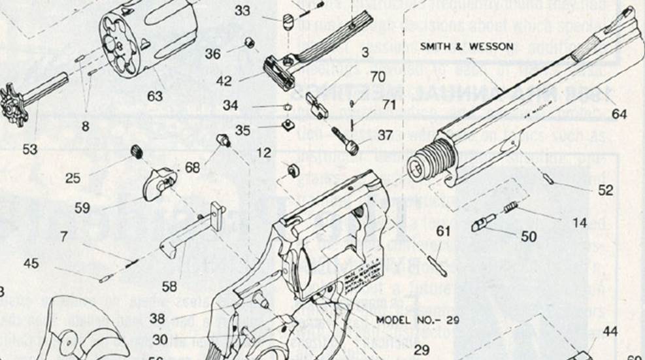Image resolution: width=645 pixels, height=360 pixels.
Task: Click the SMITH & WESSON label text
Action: tap(466, 46)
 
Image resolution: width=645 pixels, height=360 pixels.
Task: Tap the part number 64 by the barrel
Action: tap(620, 114)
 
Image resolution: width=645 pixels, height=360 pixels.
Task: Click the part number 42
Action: tap(225, 82)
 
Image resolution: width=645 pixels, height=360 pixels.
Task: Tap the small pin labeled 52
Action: tap(552, 178)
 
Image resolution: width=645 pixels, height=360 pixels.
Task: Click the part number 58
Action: tap(169, 286)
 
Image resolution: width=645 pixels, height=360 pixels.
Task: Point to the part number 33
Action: tap(242, 11)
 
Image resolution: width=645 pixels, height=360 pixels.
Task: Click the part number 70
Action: tap(377, 76)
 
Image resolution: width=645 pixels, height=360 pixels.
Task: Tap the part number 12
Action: tap(263, 152)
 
